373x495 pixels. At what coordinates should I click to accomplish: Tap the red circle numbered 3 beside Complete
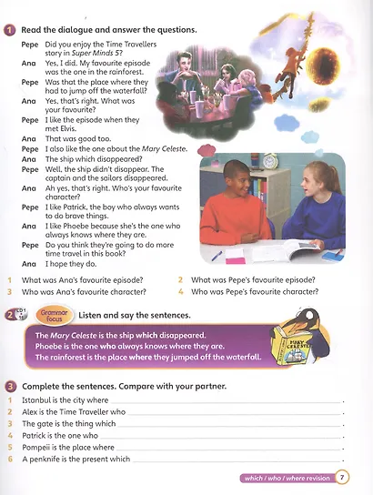click(9, 386)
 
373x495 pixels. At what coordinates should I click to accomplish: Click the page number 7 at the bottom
click(341, 477)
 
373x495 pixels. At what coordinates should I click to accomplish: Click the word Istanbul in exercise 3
click(37, 400)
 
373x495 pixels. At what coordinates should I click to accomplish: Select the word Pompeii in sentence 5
click(37, 448)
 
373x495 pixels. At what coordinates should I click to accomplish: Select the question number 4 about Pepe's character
click(181, 292)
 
